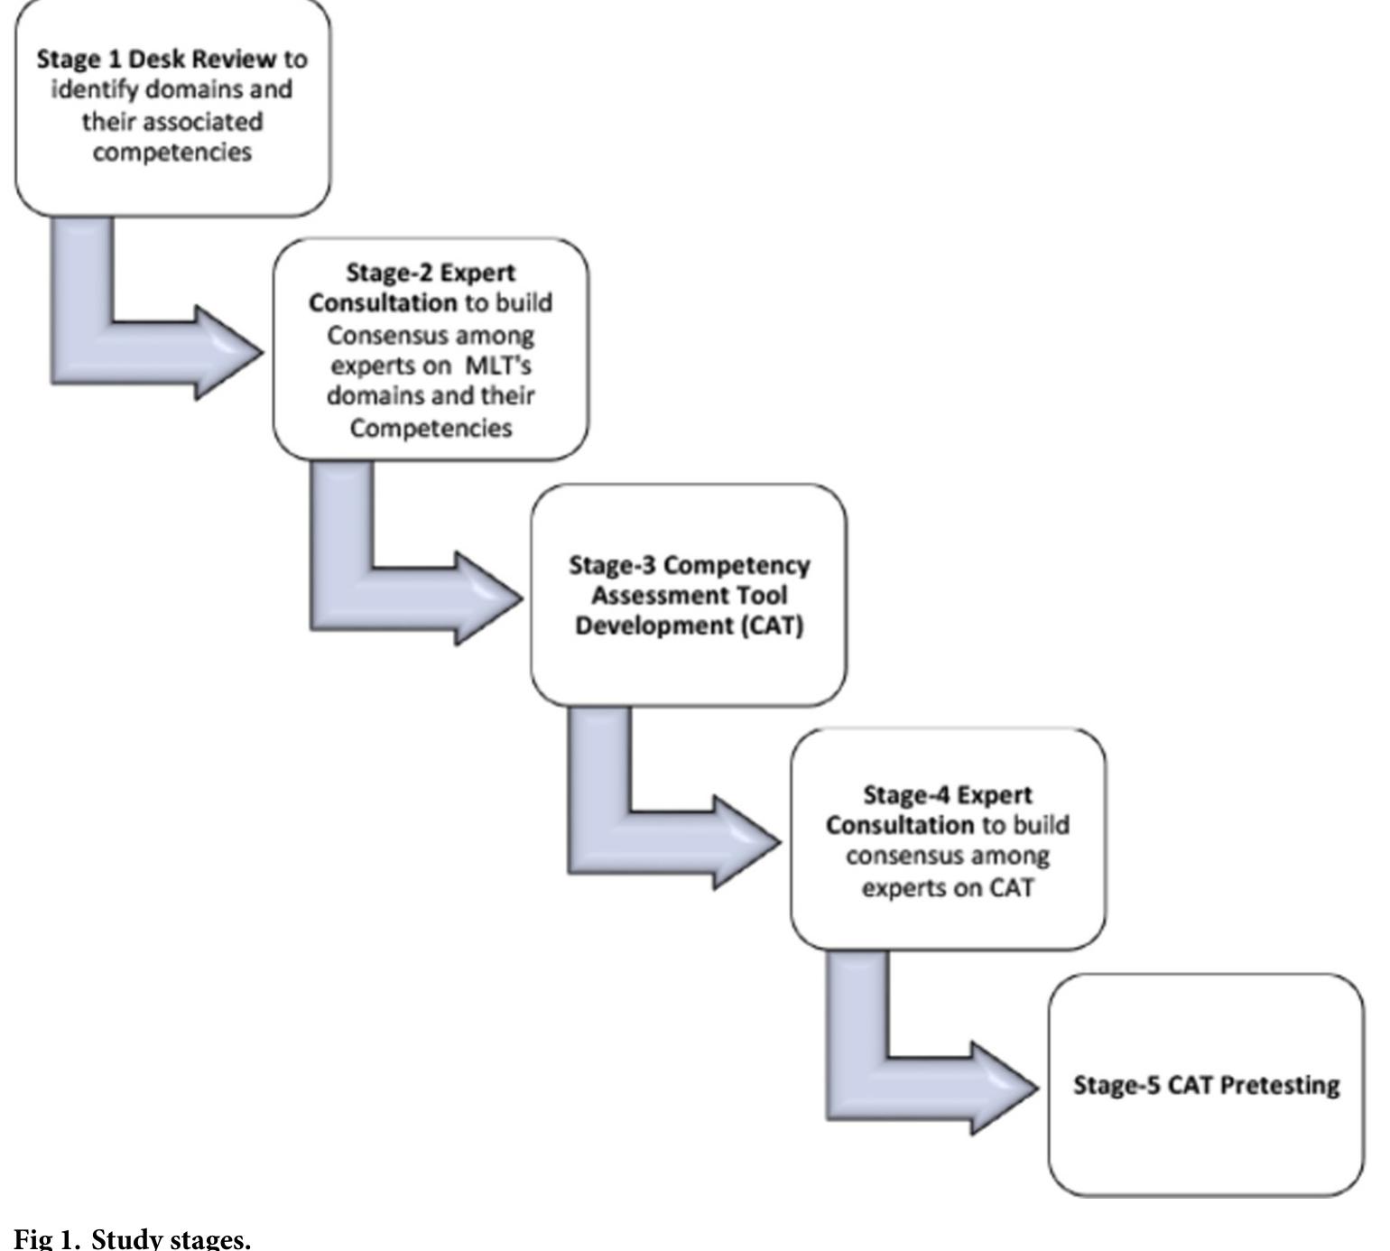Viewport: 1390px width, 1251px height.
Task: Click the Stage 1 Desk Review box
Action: tap(172, 108)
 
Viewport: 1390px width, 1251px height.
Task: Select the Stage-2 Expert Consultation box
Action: tap(431, 349)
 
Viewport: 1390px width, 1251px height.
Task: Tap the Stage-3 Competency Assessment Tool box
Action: tap(689, 595)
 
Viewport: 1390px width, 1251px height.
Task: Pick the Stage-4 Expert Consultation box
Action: tap(948, 839)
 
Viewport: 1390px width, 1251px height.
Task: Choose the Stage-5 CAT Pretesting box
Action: tap(1206, 1085)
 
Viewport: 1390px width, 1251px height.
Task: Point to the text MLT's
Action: tap(498, 366)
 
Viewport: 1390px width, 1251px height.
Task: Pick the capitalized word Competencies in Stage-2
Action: tap(431, 428)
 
